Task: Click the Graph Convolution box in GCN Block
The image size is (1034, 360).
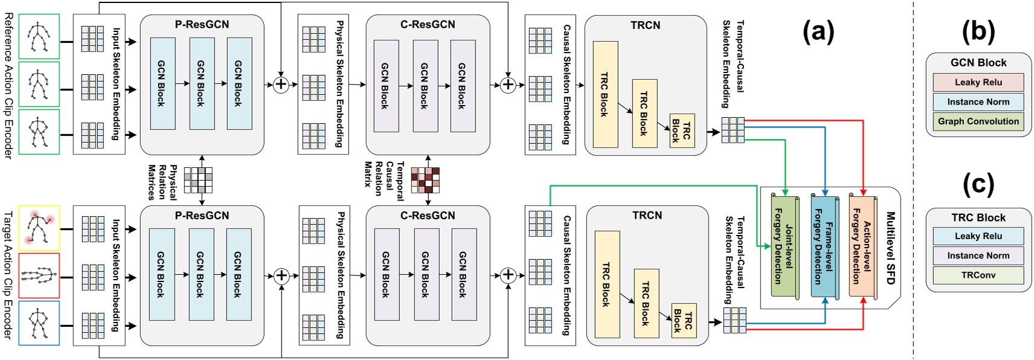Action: click(x=978, y=121)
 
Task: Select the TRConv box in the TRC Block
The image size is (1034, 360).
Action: click(x=978, y=275)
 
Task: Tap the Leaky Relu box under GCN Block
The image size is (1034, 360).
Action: click(x=978, y=82)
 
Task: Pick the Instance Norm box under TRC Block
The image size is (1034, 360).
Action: click(x=978, y=256)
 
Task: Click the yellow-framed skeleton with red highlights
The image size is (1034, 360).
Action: click(x=39, y=228)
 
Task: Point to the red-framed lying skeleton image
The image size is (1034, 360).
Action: click(x=39, y=276)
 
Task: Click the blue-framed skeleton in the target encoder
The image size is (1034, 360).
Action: click(x=39, y=323)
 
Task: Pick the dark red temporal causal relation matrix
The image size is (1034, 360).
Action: click(x=425, y=179)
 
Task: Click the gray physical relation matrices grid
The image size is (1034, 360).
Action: click(x=198, y=179)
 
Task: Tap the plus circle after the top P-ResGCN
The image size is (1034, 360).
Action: click(x=281, y=85)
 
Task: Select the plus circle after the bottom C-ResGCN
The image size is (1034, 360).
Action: click(x=508, y=275)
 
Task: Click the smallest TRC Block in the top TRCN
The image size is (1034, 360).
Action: click(x=681, y=130)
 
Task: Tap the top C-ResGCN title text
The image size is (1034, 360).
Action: click(x=428, y=25)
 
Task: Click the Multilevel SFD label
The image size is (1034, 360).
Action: click(x=890, y=248)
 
